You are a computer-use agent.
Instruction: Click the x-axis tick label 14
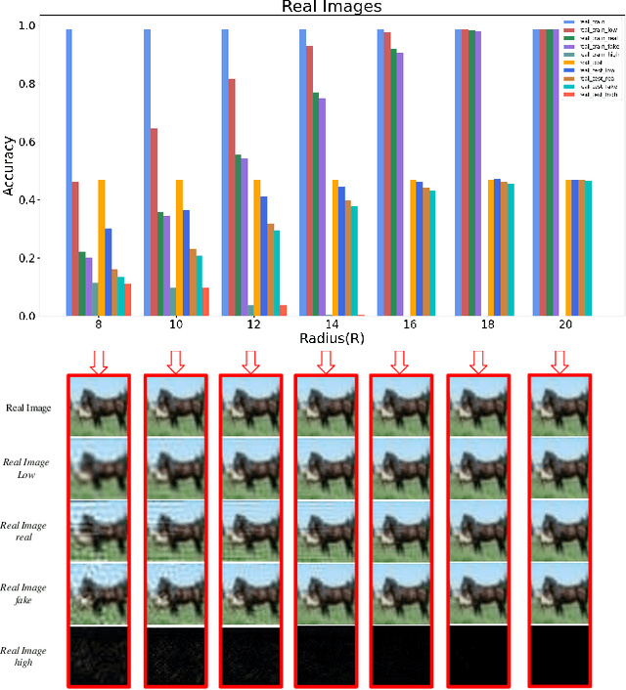point(332,323)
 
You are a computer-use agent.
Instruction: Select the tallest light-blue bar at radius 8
point(68,172)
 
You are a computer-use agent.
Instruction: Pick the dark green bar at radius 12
point(238,235)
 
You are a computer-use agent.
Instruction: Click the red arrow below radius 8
point(98,362)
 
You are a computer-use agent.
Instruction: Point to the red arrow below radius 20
point(559,362)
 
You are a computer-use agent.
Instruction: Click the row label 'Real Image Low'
point(27,468)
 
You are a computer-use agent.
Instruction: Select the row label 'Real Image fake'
point(27,593)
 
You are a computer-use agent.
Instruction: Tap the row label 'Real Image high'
point(27,656)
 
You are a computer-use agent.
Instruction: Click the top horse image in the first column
point(98,406)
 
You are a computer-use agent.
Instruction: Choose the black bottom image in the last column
point(559,656)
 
